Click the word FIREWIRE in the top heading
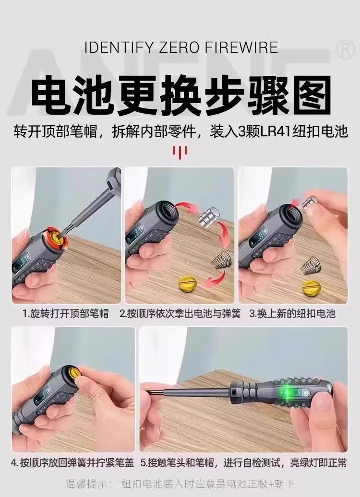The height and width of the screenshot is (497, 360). pyautogui.click(x=241, y=47)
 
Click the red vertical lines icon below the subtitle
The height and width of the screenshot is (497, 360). pyautogui.click(x=180, y=151)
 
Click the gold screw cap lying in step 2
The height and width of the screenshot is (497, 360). pyautogui.click(x=188, y=283)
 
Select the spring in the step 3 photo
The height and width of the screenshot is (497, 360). pyautogui.click(x=309, y=266)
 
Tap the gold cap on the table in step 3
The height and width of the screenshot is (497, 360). pyautogui.click(x=312, y=287)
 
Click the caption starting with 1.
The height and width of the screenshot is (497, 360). pyautogui.click(x=66, y=313)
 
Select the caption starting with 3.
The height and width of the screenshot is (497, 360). pyautogui.click(x=292, y=313)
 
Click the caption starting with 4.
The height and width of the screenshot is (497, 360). pyautogui.click(x=72, y=462)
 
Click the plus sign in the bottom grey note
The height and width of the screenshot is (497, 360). pyautogui.click(x=271, y=484)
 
